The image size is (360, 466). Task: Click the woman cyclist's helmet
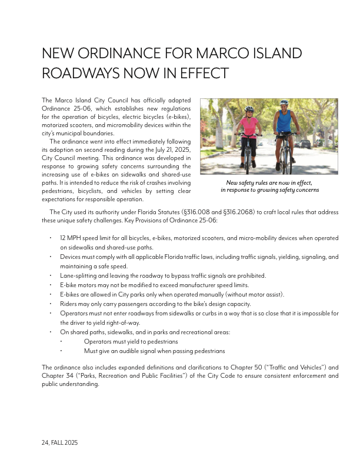pos(249,109)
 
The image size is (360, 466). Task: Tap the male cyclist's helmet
pos(284,102)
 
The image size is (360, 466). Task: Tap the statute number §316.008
pos(196,212)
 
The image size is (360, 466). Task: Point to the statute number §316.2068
pos(238,212)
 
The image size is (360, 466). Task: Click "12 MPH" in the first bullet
pos(70,238)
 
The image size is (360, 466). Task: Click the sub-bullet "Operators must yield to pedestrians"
pos(131,341)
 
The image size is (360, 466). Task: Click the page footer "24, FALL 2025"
pos(60,442)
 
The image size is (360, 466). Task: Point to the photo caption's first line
pos(269,183)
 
